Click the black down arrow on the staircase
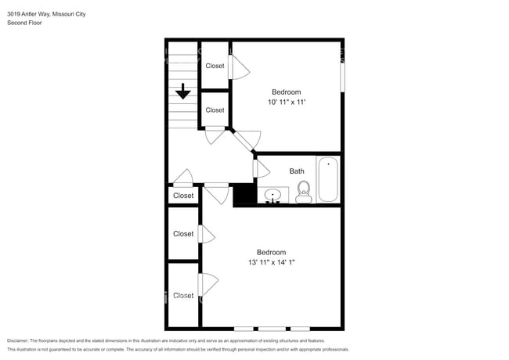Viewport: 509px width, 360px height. coord(183,92)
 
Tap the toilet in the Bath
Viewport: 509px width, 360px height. coord(304,191)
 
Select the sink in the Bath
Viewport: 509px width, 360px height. coord(273,195)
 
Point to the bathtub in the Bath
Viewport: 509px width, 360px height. coord(327,179)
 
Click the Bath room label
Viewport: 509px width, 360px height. coord(297,171)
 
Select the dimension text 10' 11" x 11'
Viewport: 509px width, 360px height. coord(286,103)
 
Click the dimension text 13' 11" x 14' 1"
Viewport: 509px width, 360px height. coord(271,263)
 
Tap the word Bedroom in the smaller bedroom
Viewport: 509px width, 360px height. coord(286,92)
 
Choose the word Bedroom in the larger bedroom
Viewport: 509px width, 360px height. coord(271,252)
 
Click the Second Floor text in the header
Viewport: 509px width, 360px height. coord(24,23)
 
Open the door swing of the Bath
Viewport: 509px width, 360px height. coord(262,168)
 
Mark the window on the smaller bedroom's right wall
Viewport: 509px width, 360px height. coord(342,77)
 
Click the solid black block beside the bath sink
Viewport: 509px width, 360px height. coord(244,194)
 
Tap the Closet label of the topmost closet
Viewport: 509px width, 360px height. coord(215,66)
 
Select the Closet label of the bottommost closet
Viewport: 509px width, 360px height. coord(183,296)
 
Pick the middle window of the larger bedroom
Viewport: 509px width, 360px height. coord(272,328)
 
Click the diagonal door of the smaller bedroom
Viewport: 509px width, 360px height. coord(247,141)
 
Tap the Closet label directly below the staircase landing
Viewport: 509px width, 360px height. coord(183,196)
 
